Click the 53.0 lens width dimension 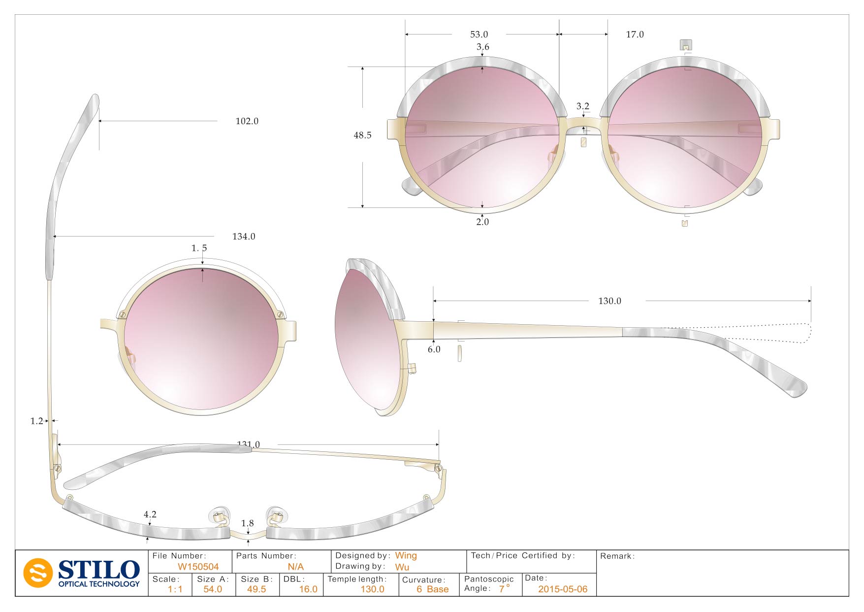point(479,34)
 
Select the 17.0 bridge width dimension point(635,34)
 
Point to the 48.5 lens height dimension point(362,136)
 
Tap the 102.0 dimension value point(247,121)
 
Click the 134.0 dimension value point(244,237)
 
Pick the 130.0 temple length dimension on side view point(609,301)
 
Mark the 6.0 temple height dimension point(434,349)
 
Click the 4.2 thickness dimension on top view point(150,514)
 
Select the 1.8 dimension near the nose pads point(248,523)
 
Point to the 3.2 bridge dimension point(583,106)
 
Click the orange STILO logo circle point(38,573)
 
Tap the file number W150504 point(198,567)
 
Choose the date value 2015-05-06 point(563,589)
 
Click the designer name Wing point(406,556)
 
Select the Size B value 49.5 point(256,589)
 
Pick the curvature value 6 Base point(432,589)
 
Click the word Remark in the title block point(617,556)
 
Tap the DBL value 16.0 point(308,589)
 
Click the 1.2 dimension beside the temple point(36,421)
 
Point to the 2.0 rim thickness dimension point(482,222)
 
